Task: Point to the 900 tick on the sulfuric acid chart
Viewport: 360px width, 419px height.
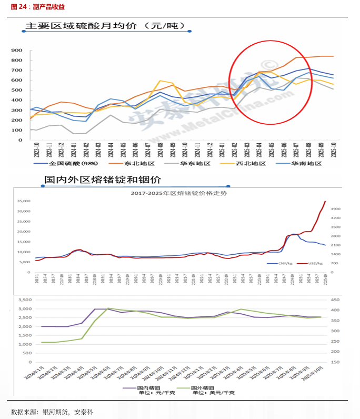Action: [x=16, y=51]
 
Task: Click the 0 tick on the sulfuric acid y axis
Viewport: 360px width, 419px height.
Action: [x=19, y=141]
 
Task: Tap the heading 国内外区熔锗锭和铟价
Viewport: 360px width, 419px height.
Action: [x=102, y=179]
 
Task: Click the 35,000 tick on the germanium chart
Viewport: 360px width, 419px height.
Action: [x=23, y=201]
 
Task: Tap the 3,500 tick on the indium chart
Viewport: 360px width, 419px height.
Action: [x=24, y=299]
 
